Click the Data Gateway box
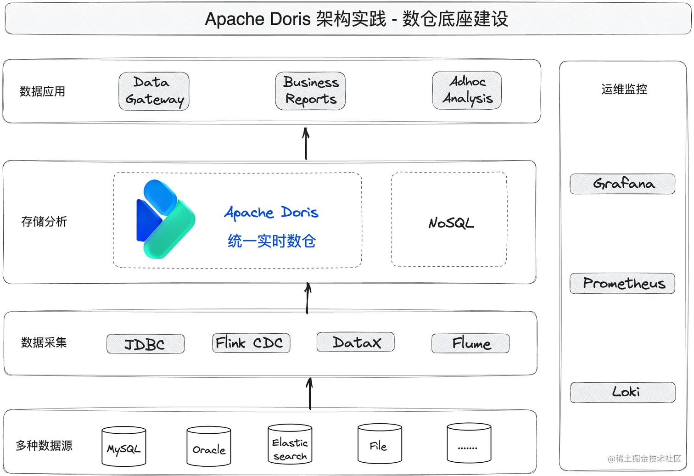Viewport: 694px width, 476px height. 154,91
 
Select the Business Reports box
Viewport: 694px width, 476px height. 310,91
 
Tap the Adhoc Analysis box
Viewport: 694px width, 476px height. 467,90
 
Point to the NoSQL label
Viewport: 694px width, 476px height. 451,223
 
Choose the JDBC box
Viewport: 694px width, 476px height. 145,344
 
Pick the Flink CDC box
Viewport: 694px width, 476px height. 251,343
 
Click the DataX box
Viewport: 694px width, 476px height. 356,342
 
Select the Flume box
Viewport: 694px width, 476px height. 470,343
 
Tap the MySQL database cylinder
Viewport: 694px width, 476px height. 124,447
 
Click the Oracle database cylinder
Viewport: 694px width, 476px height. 209,447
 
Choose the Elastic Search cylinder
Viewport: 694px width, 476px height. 290,444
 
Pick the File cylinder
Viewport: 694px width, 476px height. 380,444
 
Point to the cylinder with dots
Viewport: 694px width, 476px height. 469,443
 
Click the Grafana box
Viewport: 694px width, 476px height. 622,184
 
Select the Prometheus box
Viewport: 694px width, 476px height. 622,283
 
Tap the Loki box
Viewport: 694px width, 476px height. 623,392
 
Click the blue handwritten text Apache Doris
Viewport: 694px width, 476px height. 271,213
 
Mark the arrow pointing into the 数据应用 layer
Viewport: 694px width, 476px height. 306,143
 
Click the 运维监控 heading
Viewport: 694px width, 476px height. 624,89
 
